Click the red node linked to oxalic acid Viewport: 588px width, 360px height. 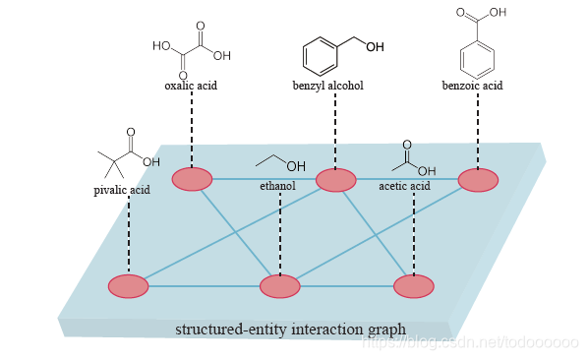192,179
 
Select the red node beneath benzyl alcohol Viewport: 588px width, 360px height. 335,180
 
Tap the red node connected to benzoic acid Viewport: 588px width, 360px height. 478,180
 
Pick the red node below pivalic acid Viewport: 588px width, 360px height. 129,286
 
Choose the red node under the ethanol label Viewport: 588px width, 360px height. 279,286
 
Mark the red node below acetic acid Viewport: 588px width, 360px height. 413,286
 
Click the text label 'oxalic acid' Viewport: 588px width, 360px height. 191,86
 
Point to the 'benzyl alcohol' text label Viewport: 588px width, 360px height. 328,86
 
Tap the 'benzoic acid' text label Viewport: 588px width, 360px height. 472,86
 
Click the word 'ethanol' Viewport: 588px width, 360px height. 277,185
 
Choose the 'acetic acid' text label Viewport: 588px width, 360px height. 404,186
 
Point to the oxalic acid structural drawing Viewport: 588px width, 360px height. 192,47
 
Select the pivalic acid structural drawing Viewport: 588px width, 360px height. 126,153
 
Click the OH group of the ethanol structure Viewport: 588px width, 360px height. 296,165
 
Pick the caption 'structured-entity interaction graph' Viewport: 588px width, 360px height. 290,328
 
